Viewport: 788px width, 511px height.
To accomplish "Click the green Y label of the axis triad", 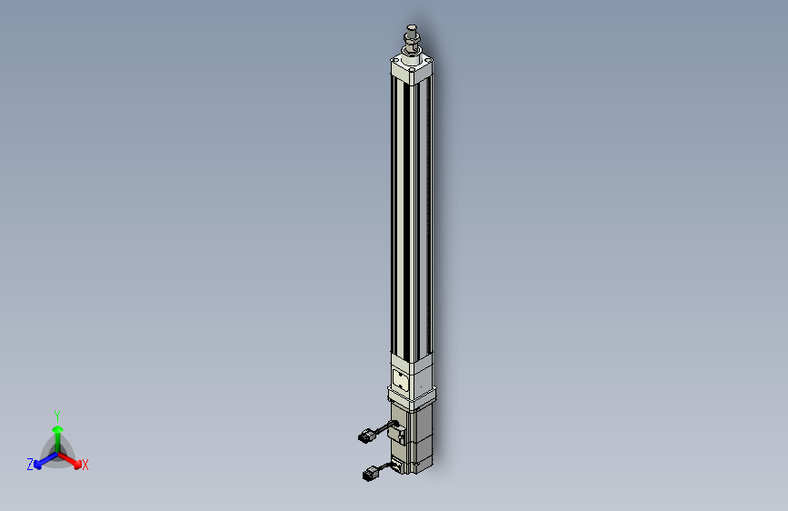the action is point(57,416).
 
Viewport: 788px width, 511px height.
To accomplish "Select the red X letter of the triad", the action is point(85,465).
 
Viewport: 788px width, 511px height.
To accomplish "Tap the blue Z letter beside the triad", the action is point(30,465).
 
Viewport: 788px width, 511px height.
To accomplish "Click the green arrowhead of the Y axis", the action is point(58,429).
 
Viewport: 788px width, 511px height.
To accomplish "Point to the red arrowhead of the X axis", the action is point(77,465).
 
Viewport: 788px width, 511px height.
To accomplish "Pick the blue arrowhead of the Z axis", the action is point(38,465).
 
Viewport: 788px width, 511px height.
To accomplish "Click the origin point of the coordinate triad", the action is point(58,454).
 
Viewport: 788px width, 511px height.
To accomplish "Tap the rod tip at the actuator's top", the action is point(412,27).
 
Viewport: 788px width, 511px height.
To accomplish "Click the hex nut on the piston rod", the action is point(411,37).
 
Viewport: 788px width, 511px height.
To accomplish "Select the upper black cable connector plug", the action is point(365,436).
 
